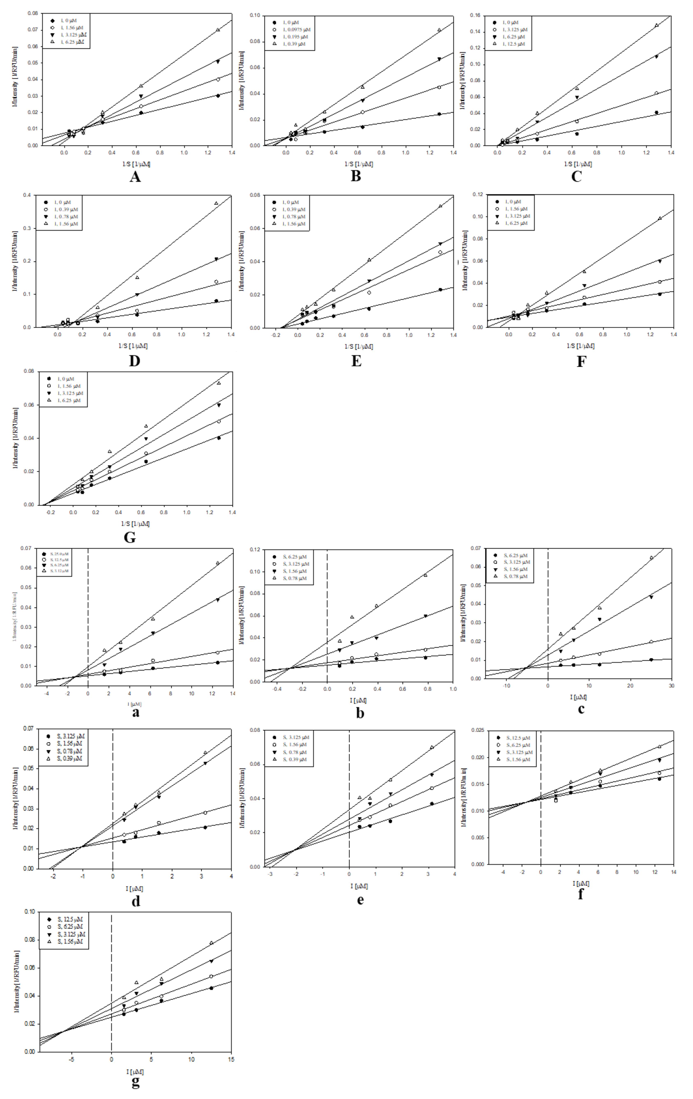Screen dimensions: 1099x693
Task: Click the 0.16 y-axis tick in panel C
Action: [x=475, y=15]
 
